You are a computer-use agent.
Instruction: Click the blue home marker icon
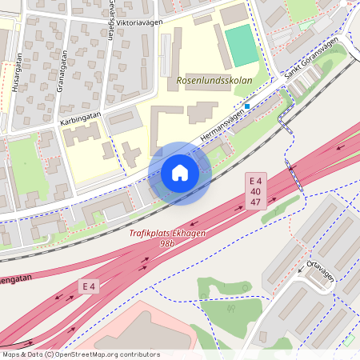click(180, 174)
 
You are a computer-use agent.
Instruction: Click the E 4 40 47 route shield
click(255, 192)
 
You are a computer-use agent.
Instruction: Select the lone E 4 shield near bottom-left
click(88, 286)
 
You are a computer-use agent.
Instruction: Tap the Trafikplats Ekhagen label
click(167, 234)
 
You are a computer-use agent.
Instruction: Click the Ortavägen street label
click(322, 270)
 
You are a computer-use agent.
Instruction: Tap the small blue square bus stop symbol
click(248, 106)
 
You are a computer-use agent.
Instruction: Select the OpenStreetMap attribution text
click(80, 354)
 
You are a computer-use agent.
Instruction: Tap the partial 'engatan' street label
click(18, 281)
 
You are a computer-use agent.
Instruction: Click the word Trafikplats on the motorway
click(153, 234)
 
